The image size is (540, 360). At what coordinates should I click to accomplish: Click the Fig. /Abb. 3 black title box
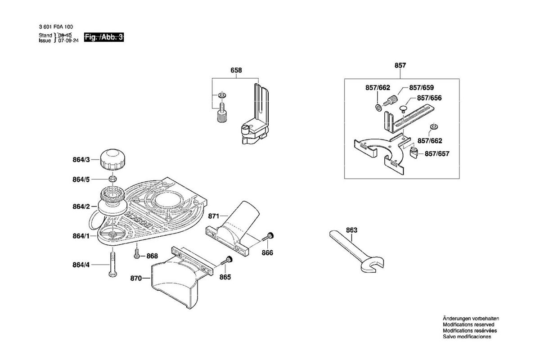[x=104, y=37]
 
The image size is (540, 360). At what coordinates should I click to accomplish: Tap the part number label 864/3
[x=81, y=160]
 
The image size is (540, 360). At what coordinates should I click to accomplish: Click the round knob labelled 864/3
[x=113, y=160]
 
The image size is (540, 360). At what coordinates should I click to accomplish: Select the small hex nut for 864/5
[x=113, y=179]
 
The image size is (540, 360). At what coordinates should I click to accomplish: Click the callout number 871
[x=213, y=216]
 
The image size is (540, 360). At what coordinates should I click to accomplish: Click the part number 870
[x=136, y=278]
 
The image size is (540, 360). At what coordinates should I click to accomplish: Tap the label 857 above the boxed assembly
[x=400, y=65]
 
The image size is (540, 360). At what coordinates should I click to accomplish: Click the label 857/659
[x=421, y=88]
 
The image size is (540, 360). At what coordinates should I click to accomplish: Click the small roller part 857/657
[x=414, y=153]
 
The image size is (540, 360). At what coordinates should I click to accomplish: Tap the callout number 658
[x=236, y=70]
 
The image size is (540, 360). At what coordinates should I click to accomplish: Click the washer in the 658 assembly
[x=222, y=95]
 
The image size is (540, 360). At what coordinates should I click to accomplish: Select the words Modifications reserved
[x=468, y=324]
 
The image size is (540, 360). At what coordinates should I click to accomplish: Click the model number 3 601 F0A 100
[x=56, y=27]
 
